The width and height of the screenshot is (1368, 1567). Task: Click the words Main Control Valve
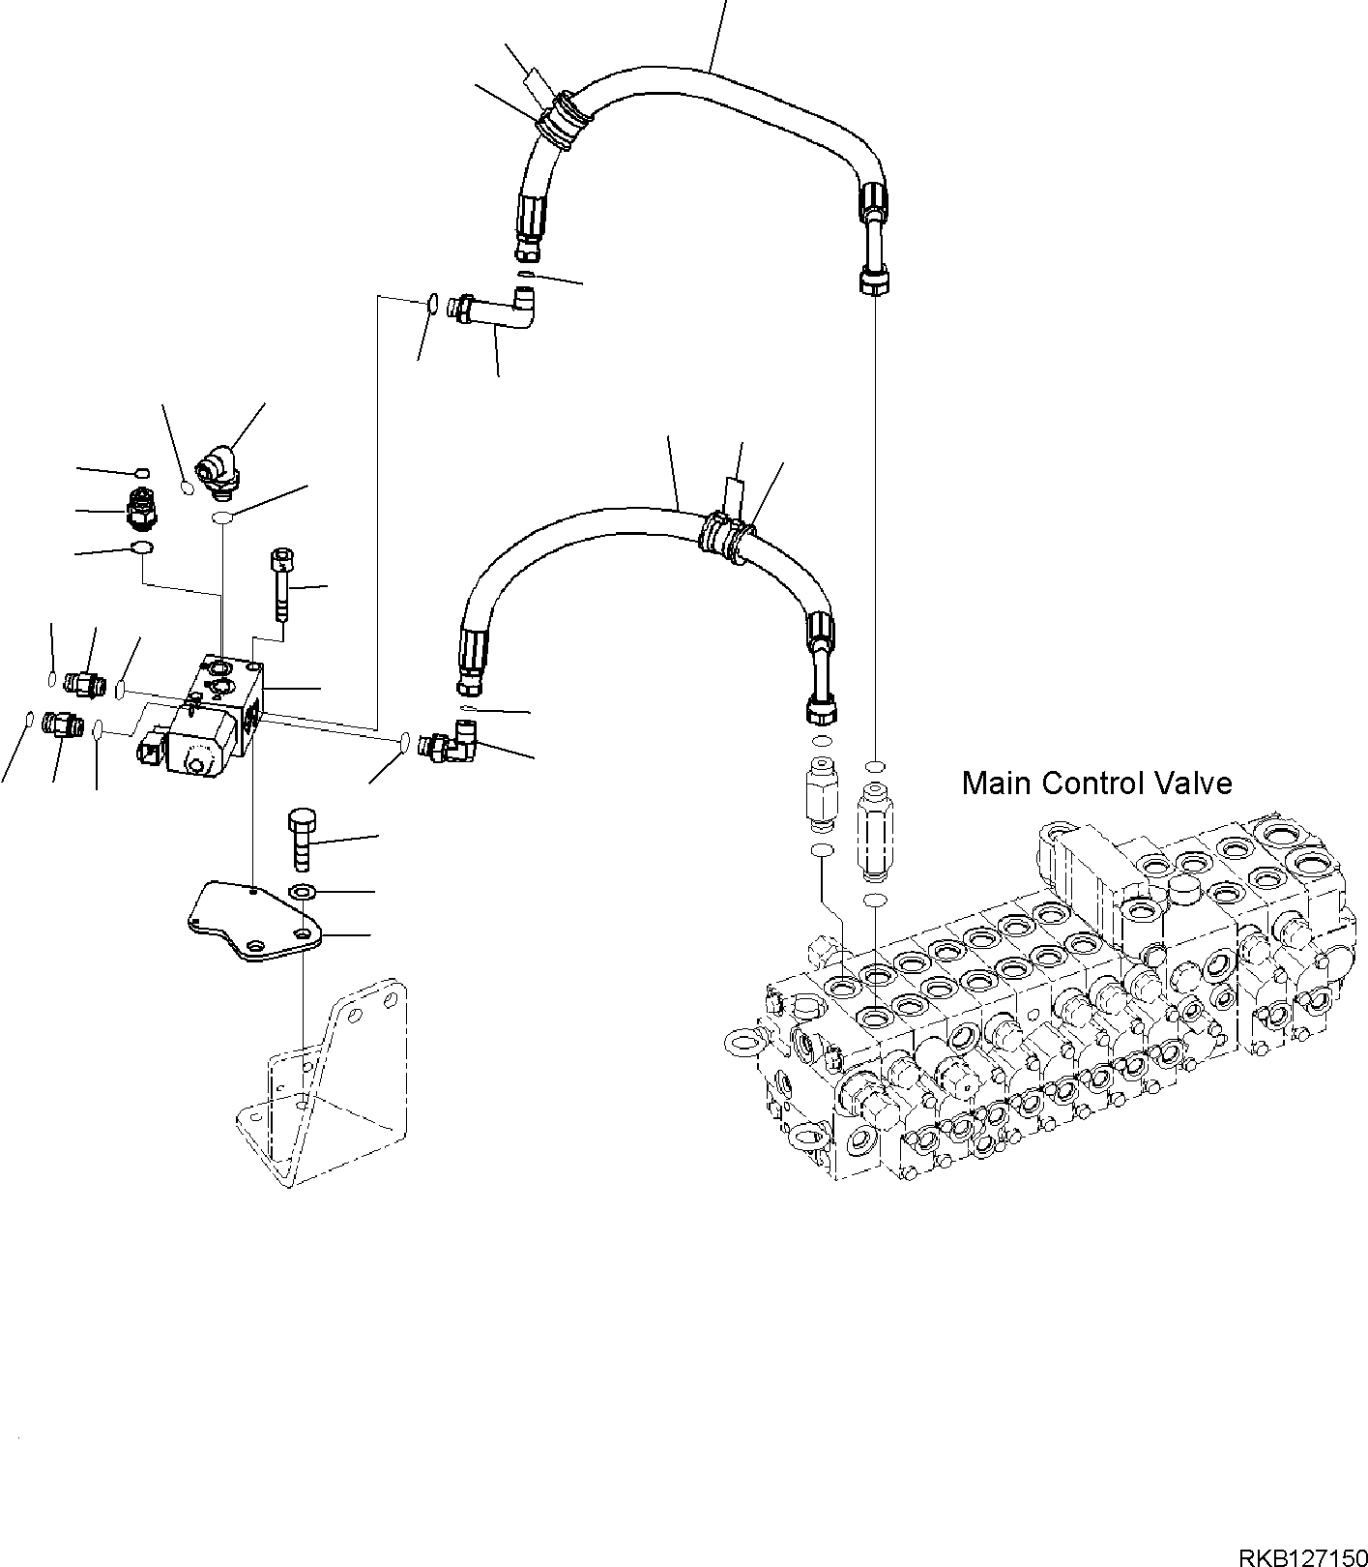pyautogui.click(x=1096, y=783)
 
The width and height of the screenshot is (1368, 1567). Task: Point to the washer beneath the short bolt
pyautogui.click(x=303, y=891)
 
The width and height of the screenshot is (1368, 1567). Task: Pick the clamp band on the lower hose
pyautogui.click(x=724, y=536)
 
